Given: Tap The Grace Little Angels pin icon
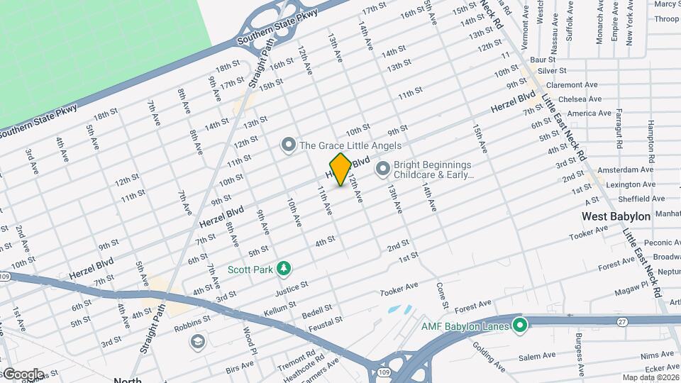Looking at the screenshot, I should [x=288, y=145].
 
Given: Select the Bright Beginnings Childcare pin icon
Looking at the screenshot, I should [x=383, y=168].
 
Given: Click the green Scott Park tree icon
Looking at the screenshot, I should [x=284, y=268].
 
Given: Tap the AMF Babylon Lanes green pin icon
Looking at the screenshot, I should [x=520, y=326].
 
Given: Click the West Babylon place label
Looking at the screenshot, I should [x=616, y=216].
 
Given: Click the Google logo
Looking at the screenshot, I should [x=23, y=374].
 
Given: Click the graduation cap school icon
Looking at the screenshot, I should [x=198, y=343].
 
